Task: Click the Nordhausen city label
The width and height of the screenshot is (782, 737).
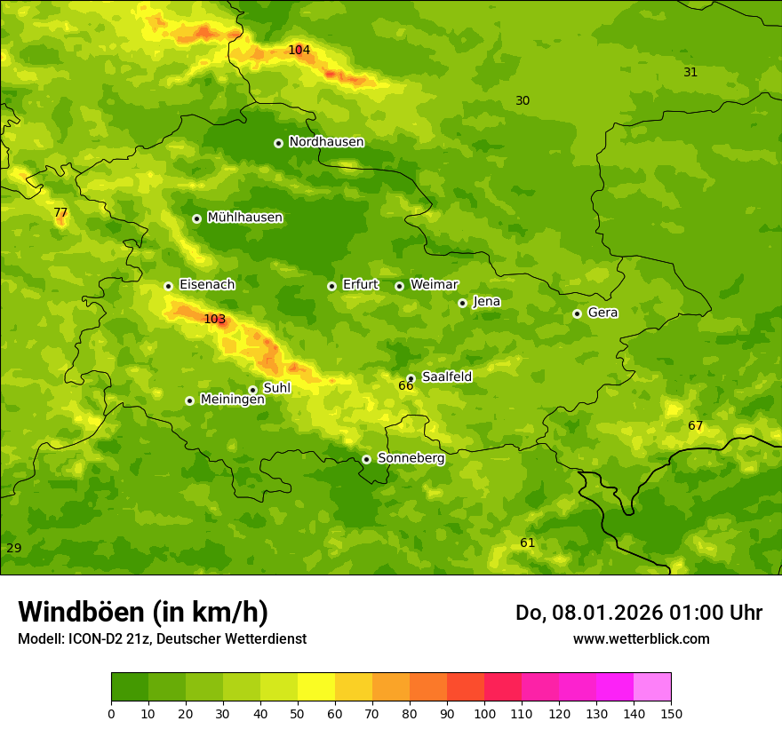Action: click(326, 142)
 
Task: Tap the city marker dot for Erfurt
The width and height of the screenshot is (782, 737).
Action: click(331, 286)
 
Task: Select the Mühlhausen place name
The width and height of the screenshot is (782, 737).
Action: click(244, 218)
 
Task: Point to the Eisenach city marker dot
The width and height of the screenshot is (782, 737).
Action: click(168, 286)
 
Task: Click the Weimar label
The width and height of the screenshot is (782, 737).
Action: click(434, 285)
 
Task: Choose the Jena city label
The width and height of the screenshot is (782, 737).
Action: click(486, 302)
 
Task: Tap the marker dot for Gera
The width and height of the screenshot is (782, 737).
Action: click(577, 313)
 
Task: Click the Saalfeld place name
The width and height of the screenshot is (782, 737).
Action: click(446, 377)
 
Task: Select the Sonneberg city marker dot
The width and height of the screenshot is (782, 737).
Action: click(366, 459)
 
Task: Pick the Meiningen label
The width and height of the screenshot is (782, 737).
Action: click(232, 400)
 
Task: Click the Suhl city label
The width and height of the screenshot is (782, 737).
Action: click(276, 388)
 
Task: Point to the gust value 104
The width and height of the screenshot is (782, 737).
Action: click(299, 50)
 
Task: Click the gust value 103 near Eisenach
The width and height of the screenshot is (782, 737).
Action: click(214, 320)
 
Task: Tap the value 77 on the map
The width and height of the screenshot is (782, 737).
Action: click(60, 213)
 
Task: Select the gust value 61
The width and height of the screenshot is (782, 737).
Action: click(527, 543)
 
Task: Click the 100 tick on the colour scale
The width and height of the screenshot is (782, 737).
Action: click(484, 714)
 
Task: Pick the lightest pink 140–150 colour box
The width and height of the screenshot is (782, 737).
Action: click(651, 687)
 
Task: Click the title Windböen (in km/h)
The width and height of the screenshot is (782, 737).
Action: click(143, 612)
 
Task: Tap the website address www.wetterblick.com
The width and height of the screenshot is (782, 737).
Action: click(641, 639)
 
